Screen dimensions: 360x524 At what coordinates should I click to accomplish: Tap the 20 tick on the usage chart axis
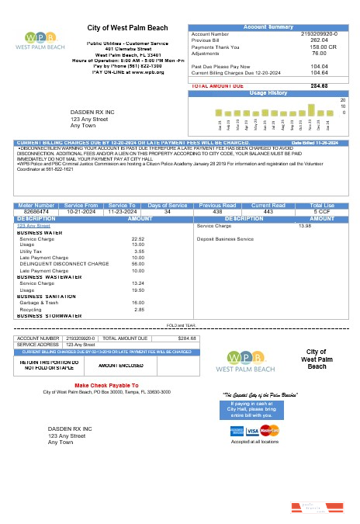(343, 100)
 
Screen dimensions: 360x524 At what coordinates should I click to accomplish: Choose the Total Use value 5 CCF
(321, 211)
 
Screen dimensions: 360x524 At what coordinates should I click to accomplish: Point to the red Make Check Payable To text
(106, 385)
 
